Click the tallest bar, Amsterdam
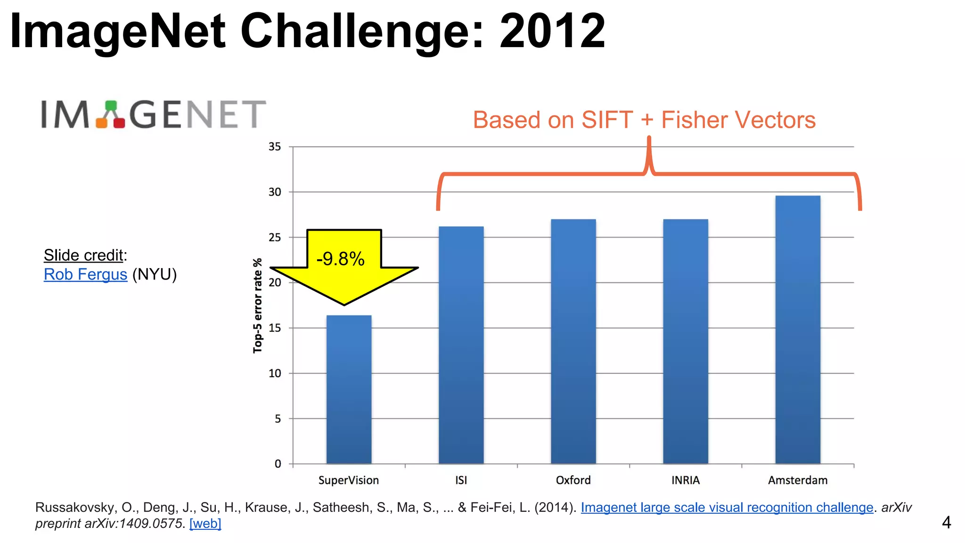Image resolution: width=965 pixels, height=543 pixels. click(797, 329)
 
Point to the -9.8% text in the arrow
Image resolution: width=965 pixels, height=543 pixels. click(340, 259)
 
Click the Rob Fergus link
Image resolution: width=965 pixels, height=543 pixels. click(85, 274)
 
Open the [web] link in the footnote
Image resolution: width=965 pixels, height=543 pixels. click(205, 523)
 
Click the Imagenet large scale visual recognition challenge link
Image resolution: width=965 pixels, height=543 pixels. click(727, 507)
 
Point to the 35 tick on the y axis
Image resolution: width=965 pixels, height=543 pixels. click(275, 147)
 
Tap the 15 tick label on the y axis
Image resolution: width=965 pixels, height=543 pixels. click(275, 328)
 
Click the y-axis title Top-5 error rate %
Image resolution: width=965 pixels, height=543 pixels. click(257, 305)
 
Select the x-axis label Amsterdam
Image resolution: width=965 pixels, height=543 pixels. click(797, 480)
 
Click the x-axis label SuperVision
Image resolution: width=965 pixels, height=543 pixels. click(349, 480)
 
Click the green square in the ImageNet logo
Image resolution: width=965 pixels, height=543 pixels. click(111, 106)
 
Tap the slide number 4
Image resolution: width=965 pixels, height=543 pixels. click(946, 522)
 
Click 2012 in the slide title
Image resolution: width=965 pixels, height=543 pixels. click(552, 31)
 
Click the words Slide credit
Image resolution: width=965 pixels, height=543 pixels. click(83, 255)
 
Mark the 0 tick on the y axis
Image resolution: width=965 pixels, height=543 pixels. click(278, 464)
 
